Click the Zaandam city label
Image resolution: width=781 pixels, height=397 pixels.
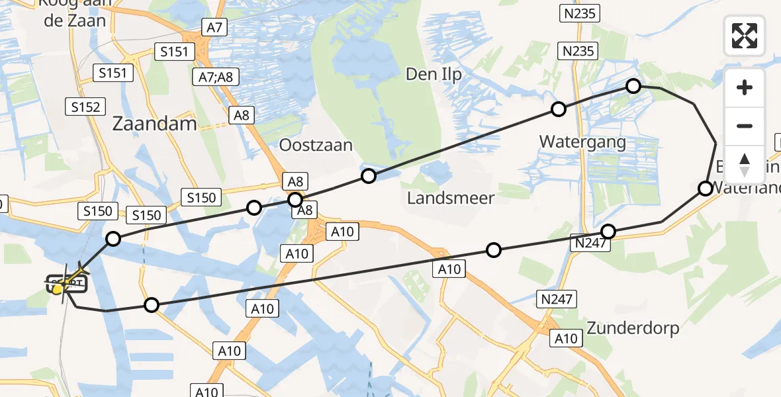coord(155,123)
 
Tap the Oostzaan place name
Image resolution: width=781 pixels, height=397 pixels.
coord(316,145)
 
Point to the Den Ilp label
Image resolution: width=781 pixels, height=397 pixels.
coord(434,74)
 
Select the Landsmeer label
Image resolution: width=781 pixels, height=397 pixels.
coord(451,197)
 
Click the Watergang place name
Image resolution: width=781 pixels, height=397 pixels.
coord(582,142)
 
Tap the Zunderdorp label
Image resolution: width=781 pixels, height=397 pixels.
coord(633,328)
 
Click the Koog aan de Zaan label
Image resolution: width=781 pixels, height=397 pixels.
coord(72,13)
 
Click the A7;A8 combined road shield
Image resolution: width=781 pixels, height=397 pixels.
coord(214,76)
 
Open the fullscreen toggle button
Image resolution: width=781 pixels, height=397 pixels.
coord(745,35)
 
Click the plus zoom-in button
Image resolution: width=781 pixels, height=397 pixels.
coord(745,87)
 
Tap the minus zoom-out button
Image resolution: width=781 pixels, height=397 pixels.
coord(745,126)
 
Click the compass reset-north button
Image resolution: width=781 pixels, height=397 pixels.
coord(745,164)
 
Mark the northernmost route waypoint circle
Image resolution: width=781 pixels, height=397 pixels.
coord(633,86)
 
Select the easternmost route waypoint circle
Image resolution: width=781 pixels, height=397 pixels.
coord(706,189)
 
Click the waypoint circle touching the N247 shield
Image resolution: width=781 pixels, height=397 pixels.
coord(608,232)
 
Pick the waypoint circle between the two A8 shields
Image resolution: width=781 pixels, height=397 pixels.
coord(295,199)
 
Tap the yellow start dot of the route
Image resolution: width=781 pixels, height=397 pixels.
coord(58,288)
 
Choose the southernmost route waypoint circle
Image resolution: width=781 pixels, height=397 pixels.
coord(152,305)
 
